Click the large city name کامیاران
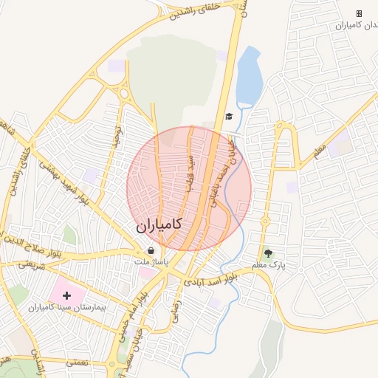[159, 226]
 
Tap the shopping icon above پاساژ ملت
[151, 250]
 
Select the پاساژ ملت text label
[151, 261]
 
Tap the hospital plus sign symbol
[66, 295]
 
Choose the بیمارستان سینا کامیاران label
[67, 306]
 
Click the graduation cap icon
[229, 117]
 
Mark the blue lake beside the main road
[249, 75]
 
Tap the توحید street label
[116, 136]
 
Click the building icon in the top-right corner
[359, 13]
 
